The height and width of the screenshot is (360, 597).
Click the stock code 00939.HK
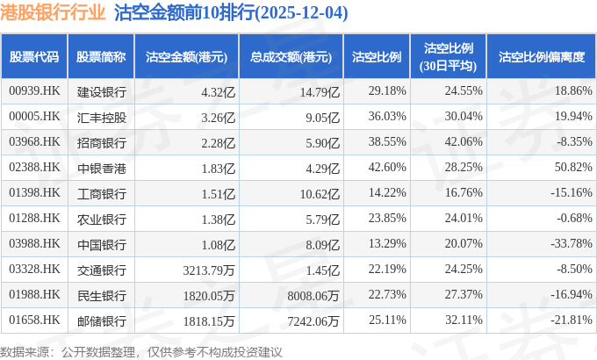click(x=34, y=91)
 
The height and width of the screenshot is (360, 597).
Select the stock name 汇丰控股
click(x=101, y=116)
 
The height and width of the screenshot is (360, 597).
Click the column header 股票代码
click(x=34, y=57)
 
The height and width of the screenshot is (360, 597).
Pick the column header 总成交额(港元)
click(x=290, y=57)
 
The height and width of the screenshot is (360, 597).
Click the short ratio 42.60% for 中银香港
click(x=387, y=166)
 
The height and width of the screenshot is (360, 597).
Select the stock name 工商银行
click(x=101, y=191)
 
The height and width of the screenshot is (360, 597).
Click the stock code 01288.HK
click(x=34, y=216)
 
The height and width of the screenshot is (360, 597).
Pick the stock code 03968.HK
click(x=34, y=141)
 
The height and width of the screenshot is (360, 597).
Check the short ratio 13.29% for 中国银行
click(x=387, y=241)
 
